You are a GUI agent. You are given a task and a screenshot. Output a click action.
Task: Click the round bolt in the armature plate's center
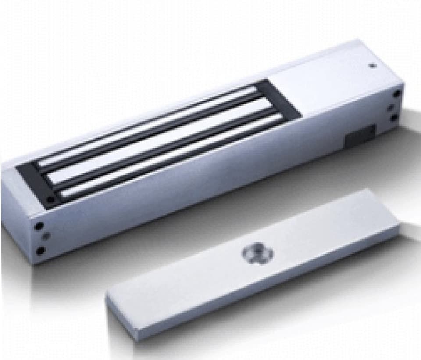tap(258, 254)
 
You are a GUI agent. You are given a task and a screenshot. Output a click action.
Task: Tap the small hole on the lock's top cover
tap(372, 66)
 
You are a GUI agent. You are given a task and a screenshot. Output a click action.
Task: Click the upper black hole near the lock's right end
tap(397, 93)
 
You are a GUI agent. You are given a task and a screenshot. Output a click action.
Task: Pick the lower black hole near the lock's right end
tap(394, 117)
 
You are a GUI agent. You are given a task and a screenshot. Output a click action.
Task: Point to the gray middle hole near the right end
tap(390, 106)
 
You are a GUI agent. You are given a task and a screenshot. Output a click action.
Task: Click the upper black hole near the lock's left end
tap(39, 227)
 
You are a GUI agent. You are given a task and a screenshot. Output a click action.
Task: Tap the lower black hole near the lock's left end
tap(40, 251)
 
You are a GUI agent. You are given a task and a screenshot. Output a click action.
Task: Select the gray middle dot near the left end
tap(45, 237)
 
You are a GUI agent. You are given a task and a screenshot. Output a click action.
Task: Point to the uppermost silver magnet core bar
tap(145, 128)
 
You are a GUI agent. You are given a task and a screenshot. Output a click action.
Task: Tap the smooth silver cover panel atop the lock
tap(333, 79)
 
